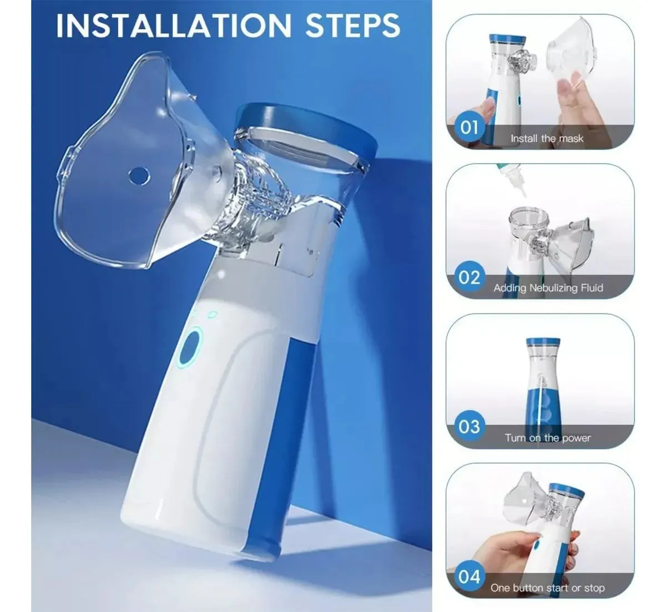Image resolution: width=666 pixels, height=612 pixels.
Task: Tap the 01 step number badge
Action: [469, 128]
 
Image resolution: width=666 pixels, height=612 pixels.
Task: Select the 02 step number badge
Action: [469, 277]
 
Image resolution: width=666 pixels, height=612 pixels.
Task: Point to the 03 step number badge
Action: [469, 426]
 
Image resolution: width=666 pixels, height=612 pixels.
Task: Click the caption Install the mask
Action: [547, 138]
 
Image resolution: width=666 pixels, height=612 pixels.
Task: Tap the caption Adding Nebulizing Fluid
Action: [548, 287]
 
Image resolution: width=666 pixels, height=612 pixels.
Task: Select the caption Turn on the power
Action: [548, 438]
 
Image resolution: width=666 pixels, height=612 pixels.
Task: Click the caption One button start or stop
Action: [547, 588]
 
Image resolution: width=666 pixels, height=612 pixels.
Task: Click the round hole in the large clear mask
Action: [139, 175]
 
